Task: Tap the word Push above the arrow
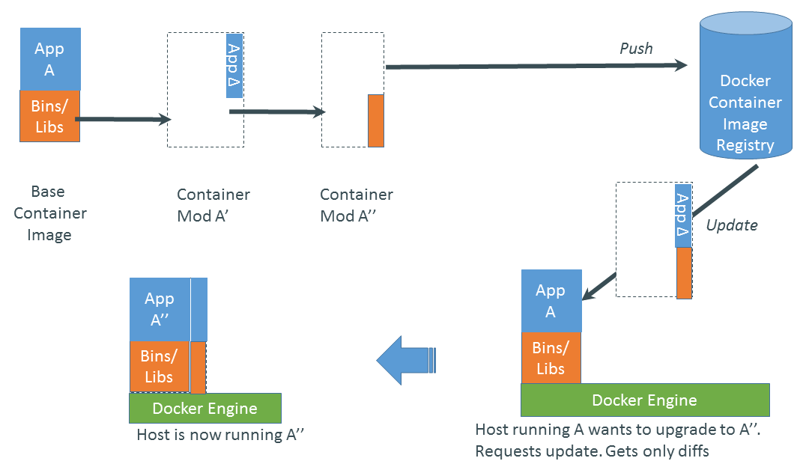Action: coord(636,49)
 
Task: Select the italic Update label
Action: coord(732,225)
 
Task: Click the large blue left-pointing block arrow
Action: coord(405,361)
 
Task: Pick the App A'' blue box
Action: coord(160,309)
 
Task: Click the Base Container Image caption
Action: coord(49,213)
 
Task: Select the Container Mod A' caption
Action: coord(213,205)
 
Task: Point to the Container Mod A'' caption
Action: coord(357,205)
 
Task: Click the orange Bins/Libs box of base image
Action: coord(49,116)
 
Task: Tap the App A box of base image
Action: coord(49,59)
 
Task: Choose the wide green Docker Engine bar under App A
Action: coord(644,400)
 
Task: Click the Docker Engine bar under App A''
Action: coord(204,409)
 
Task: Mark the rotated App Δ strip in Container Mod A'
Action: coord(234,65)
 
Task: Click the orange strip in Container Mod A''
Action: coord(375,120)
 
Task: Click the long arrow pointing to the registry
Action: coord(536,67)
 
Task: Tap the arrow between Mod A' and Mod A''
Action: coord(277,112)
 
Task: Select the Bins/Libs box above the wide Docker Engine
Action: coord(551,358)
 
